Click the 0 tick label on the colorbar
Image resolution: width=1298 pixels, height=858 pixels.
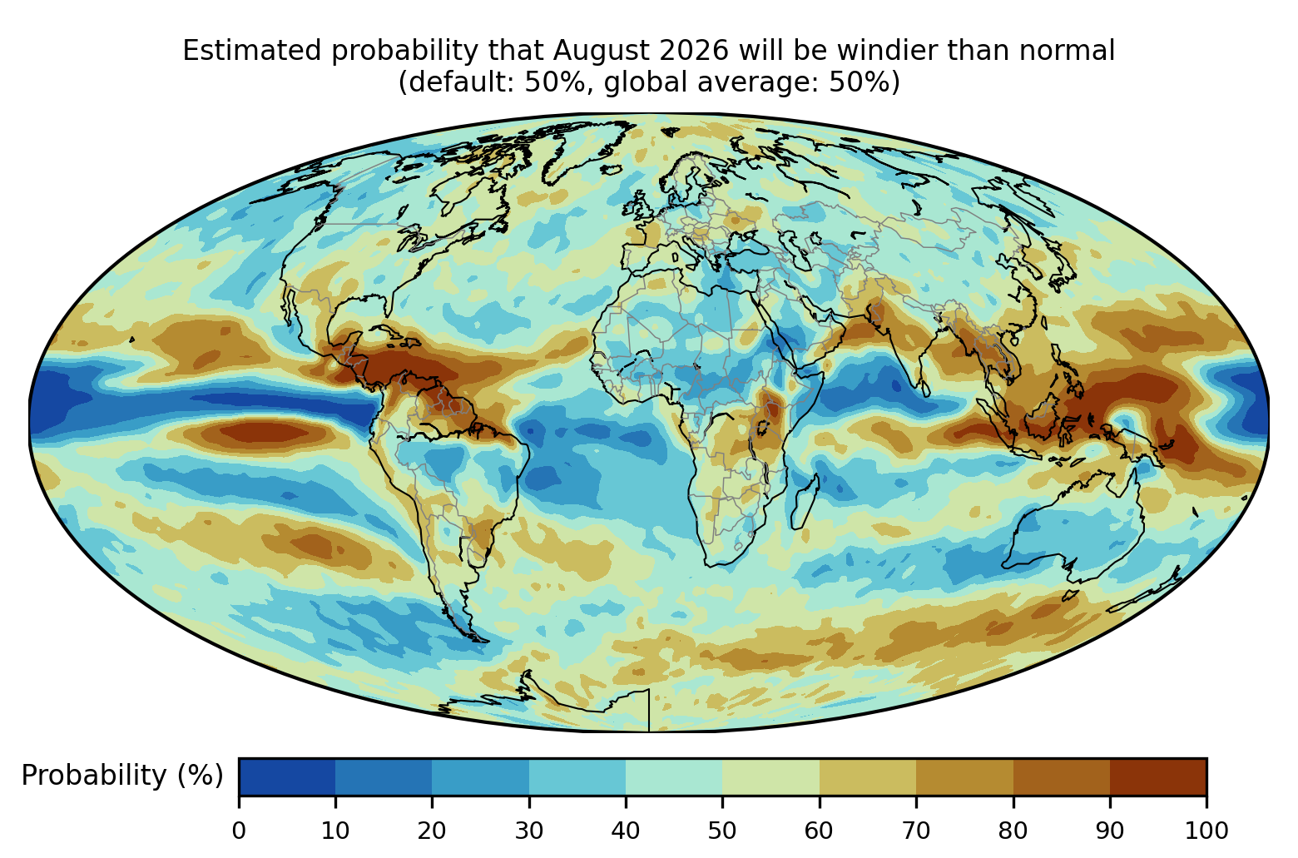pyautogui.click(x=239, y=831)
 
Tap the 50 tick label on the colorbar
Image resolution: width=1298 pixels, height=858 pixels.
pyautogui.click(x=722, y=831)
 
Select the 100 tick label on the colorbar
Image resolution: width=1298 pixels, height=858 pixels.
pyautogui.click(x=1206, y=831)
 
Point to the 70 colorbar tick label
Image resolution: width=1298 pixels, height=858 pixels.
pyautogui.click(x=915, y=831)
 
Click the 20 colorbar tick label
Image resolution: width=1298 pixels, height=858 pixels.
pyautogui.click(x=432, y=831)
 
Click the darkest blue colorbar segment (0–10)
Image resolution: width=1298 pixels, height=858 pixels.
pyautogui.click(x=287, y=776)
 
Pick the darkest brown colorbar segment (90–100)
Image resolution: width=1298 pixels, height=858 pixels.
pyautogui.click(x=1158, y=776)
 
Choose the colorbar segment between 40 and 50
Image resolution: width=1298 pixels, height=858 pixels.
pyautogui.click(x=674, y=776)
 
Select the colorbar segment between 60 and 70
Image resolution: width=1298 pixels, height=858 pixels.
pyautogui.click(x=868, y=776)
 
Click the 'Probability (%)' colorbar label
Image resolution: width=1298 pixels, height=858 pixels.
pyautogui.click(x=122, y=776)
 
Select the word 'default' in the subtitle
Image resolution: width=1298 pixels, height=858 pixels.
pyautogui.click(x=463, y=82)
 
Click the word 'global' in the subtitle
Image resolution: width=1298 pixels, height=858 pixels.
pyautogui.click(x=644, y=82)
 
